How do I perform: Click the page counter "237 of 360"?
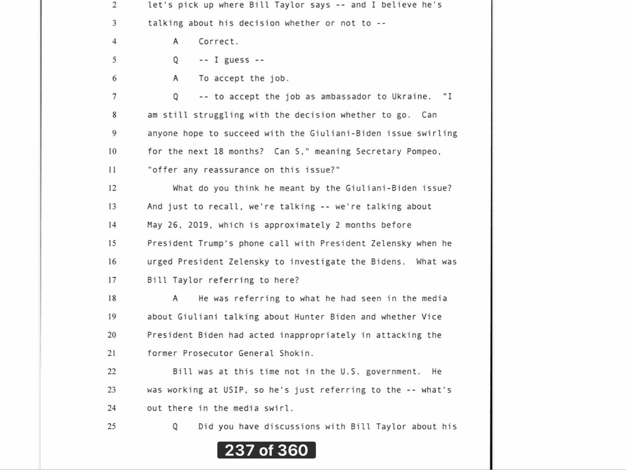click(266, 450)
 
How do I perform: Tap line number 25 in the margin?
click(111, 427)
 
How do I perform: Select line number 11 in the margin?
click(111, 170)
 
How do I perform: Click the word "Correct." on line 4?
click(219, 42)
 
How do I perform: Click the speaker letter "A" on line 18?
click(176, 298)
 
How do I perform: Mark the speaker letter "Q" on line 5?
click(176, 60)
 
